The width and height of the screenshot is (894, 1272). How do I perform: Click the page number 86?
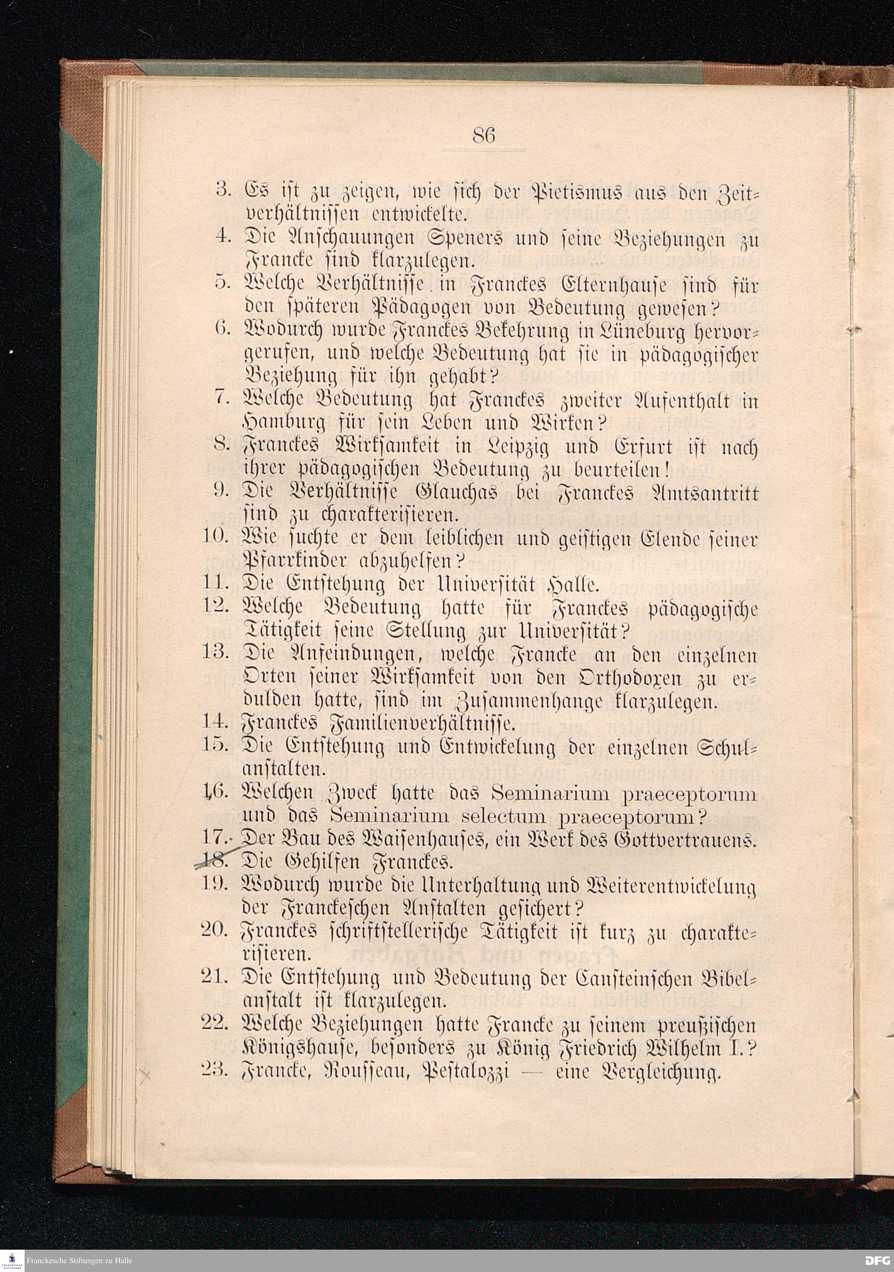click(x=484, y=136)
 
